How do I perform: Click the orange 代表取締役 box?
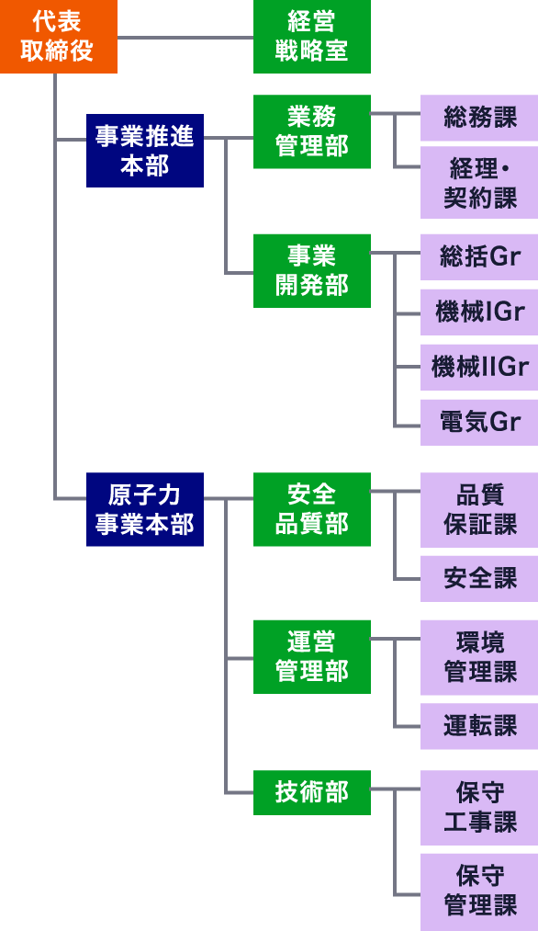(58, 37)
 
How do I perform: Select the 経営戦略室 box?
(312, 37)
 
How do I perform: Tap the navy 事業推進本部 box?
(145, 151)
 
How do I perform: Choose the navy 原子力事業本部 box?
(145, 509)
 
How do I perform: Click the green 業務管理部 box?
(312, 131)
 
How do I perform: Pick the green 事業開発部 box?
(312, 271)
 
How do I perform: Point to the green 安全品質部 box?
(312, 509)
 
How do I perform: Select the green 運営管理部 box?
(312, 657)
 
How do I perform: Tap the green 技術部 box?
(312, 792)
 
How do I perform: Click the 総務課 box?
(479, 118)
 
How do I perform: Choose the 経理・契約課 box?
(479, 183)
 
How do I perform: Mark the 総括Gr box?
(479, 257)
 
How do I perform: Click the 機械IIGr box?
(479, 368)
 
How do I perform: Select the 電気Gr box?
(479, 423)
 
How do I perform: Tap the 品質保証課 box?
(479, 510)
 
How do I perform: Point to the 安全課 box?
(479, 579)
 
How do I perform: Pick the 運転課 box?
(479, 726)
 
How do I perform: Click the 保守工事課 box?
(479, 808)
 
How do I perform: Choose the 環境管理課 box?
(479, 658)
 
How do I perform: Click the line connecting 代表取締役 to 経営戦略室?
(185, 38)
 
